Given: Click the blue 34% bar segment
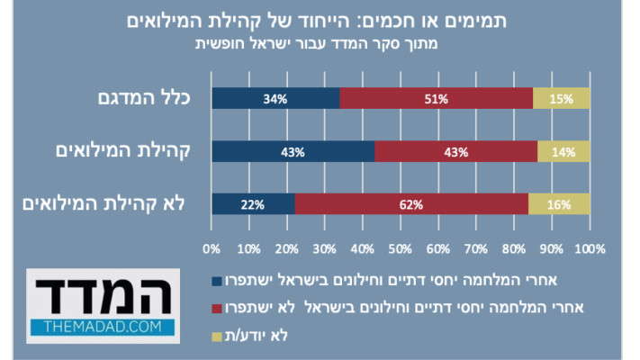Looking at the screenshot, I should [x=275, y=98].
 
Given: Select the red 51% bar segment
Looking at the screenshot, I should [x=436, y=98].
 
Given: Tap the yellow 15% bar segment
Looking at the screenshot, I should [x=562, y=98].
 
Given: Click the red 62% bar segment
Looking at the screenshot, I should [x=410, y=204].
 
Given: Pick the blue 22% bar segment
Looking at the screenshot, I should [x=252, y=204].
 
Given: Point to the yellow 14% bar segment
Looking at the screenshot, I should [x=563, y=151].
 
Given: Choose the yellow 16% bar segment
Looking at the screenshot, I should [x=559, y=204].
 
